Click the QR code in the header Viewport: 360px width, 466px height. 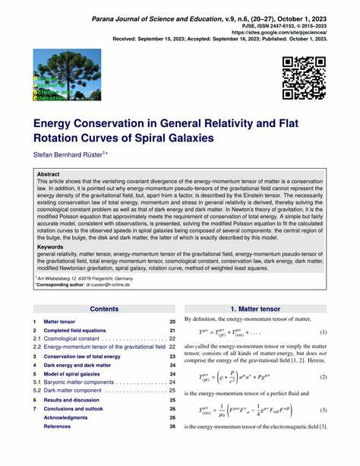(304, 78)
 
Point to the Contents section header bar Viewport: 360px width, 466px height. (104, 309)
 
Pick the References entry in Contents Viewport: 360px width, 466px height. (58, 426)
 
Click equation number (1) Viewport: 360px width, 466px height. (323, 332)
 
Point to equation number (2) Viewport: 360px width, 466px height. (323, 376)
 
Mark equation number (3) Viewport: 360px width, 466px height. (323, 411)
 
